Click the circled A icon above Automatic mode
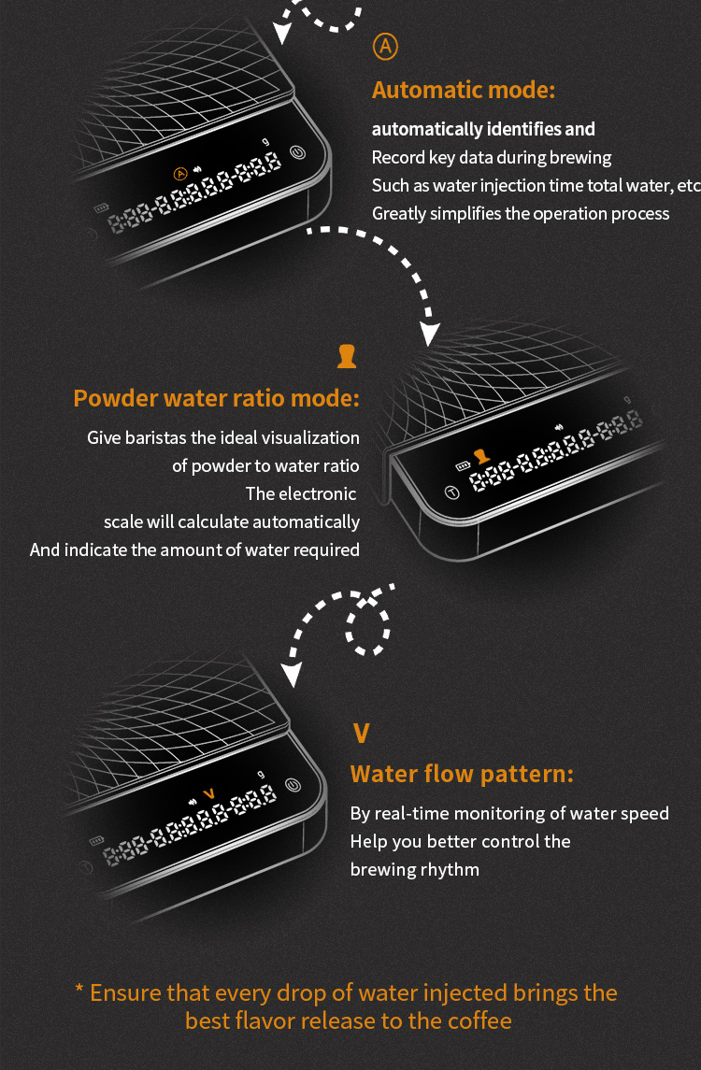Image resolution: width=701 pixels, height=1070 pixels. [x=385, y=47]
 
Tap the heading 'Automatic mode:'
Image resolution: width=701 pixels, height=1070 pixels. [x=464, y=90]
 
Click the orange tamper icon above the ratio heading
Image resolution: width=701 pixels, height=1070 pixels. [x=347, y=356]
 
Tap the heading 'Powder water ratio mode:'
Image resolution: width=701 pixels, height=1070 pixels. [x=216, y=398]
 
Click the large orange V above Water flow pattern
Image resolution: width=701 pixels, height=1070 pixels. [x=361, y=734]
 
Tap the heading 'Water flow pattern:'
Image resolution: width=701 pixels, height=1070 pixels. [x=462, y=774]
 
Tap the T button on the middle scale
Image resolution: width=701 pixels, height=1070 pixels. [x=451, y=492]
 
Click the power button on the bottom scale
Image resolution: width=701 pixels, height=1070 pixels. [x=293, y=785]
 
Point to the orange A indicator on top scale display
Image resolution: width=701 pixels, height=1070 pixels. [x=180, y=174]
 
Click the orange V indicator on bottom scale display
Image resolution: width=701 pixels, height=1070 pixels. [x=209, y=793]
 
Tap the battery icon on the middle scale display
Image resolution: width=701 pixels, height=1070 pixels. [x=463, y=466]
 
